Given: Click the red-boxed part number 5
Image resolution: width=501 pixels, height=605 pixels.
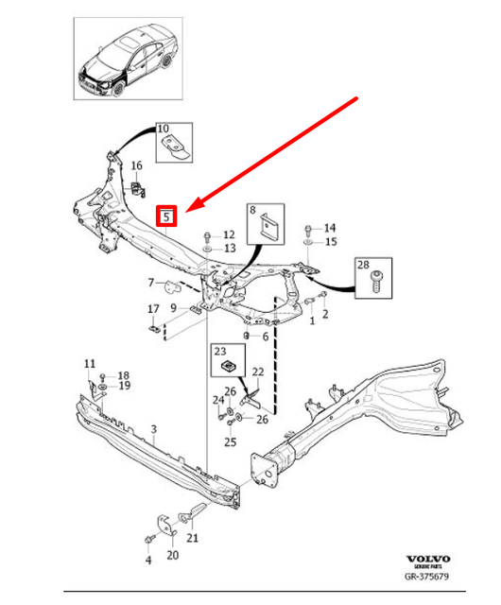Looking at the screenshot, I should click(166, 216).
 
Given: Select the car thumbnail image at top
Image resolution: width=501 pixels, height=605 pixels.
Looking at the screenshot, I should click(128, 61).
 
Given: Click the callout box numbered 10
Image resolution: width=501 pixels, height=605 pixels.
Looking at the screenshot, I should click(173, 141).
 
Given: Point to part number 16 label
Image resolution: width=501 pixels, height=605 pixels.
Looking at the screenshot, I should click(136, 164).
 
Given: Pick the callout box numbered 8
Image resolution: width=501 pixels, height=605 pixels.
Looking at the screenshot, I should click(266, 224).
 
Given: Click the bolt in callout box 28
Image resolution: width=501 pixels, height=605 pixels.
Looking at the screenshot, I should click(372, 278).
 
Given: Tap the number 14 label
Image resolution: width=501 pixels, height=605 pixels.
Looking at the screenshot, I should click(329, 228).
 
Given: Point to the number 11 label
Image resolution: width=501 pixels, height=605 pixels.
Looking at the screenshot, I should click(90, 363).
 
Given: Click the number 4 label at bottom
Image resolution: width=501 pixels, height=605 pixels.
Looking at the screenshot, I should click(147, 561).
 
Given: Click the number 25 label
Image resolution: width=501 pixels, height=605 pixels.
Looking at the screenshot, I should click(230, 441).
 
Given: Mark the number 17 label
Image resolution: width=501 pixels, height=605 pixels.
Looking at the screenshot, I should click(153, 309).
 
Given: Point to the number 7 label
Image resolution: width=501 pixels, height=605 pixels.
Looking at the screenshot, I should click(149, 282).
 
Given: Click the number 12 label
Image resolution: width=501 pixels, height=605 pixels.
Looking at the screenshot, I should click(229, 233).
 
